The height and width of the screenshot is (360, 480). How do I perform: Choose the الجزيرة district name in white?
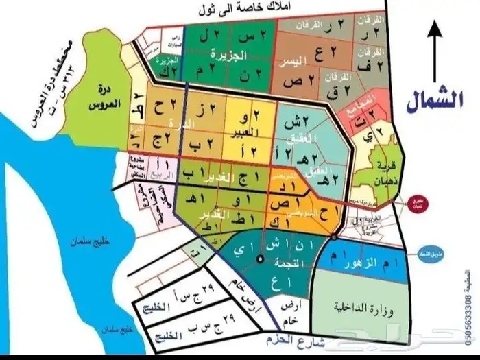click(228, 53)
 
